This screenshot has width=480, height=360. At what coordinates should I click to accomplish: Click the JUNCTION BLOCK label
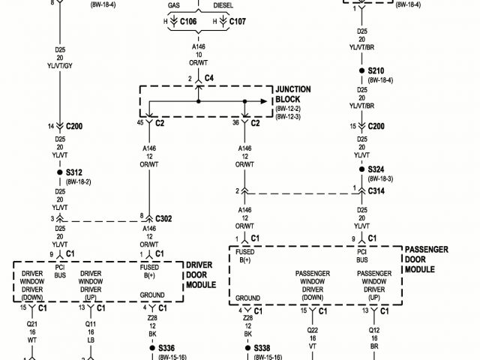pyautogui.click(x=293, y=94)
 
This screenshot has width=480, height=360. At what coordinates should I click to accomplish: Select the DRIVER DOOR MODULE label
pyautogui.click(x=199, y=275)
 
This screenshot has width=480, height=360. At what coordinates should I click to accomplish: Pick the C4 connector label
pyautogui.click(x=209, y=78)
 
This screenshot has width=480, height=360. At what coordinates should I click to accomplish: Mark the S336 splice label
pyautogui.click(x=166, y=348)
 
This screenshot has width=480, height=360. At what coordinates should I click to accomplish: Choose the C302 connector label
pyautogui.click(x=163, y=218)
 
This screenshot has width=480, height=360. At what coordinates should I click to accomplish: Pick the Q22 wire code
pyautogui.click(x=313, y=328)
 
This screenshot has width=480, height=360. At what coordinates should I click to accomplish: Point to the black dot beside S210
pyautogui.click(x=362, y=71)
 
